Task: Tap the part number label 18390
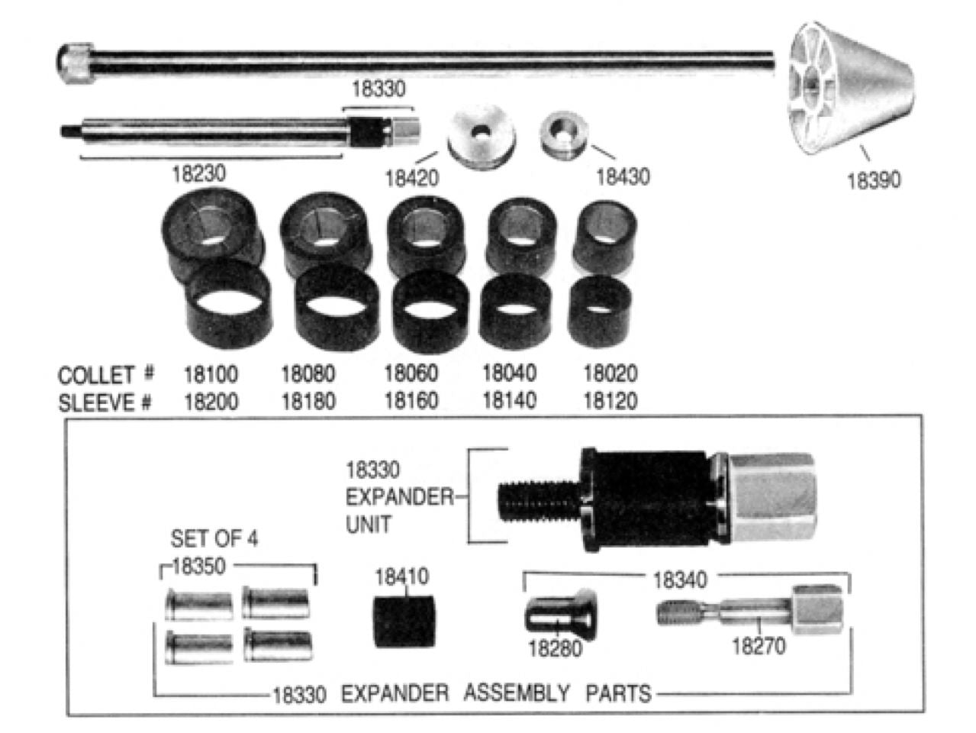coord(873,180)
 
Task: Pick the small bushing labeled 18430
coord(564,134)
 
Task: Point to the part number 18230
coord(198,173)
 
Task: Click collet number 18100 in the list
coord(211,374)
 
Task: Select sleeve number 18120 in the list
coord(610,401)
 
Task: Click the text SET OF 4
coord(214,538)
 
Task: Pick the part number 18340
coord(679,580)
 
